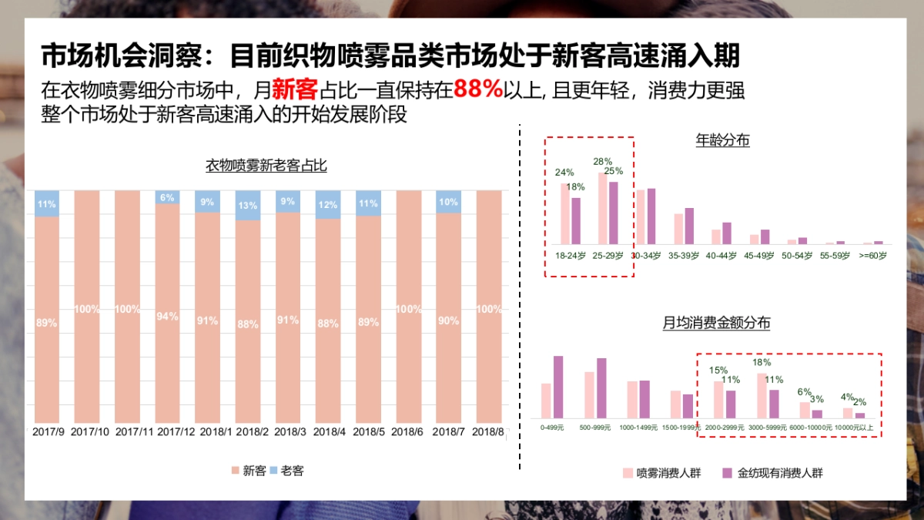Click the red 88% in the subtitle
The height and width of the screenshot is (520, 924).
click(477, 89)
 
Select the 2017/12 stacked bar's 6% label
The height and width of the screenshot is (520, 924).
click(167, 198)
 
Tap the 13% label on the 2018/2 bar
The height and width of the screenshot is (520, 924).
click(248, 206)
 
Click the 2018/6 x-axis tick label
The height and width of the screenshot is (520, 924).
click(408, 432)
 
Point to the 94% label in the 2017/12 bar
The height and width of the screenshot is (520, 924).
click(167, 317)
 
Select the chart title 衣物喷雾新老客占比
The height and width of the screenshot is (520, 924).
click(266, 166)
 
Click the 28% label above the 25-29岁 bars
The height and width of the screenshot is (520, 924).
click(603, 162)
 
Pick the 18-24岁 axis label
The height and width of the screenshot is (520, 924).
click(571, 255)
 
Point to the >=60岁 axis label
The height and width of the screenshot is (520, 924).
click(872, 255)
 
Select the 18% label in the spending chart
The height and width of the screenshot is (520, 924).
click(762, 362)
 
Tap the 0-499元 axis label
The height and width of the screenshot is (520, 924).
click(551, 427)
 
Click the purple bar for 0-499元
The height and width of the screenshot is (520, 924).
click(558, 387)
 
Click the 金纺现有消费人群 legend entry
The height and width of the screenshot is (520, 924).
click(773, 473)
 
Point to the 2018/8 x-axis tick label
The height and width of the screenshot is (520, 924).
click(488, 432)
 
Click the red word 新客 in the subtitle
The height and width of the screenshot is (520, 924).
click(295, 90)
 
